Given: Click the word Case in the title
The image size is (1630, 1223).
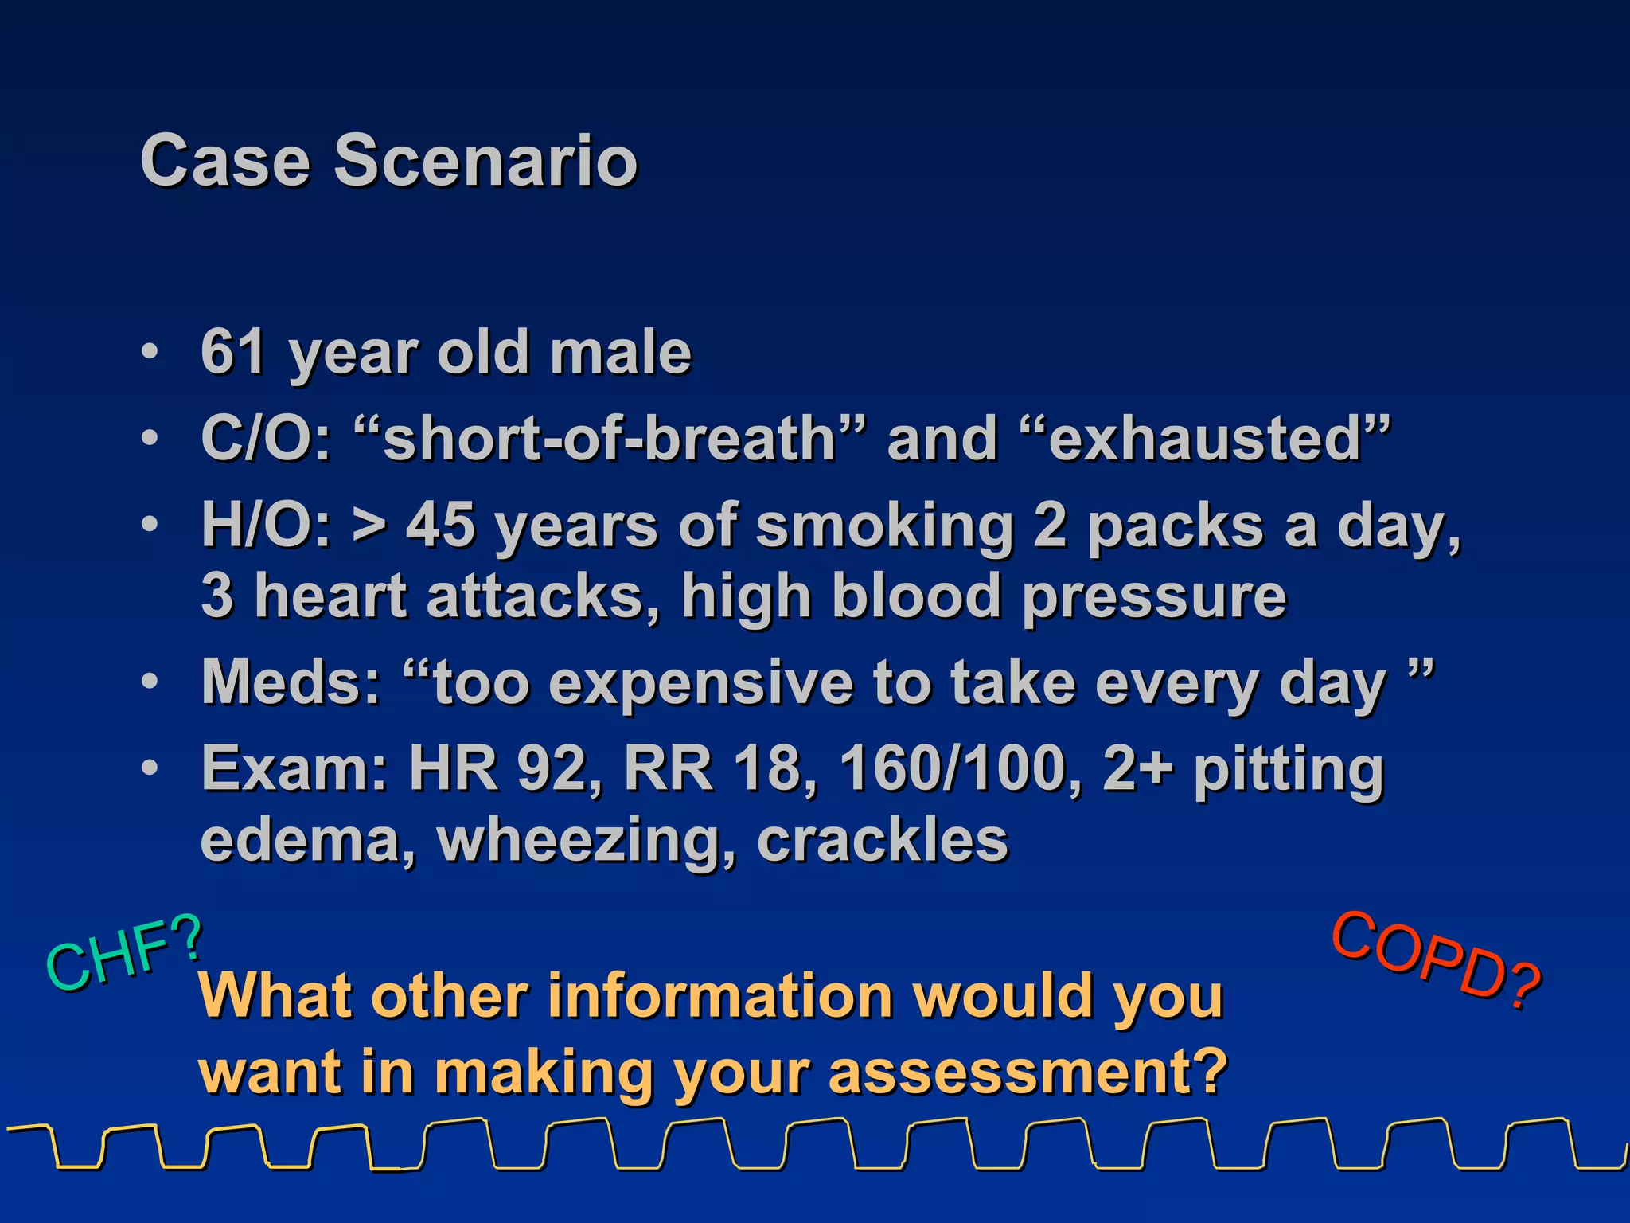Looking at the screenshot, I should (224, 161).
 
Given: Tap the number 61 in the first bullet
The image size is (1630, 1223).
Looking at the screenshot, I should (232, 352).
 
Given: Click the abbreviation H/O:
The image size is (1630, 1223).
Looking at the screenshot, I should (266, 526).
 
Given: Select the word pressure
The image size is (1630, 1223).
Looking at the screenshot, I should (1154, 597).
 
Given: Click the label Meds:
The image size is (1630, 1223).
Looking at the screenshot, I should (291, 682).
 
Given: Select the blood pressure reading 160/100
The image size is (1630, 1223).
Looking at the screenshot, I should (953, 769).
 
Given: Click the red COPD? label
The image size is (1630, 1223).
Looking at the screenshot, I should (1437, 960).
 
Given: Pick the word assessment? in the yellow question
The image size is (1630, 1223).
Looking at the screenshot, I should (1028, 1072).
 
